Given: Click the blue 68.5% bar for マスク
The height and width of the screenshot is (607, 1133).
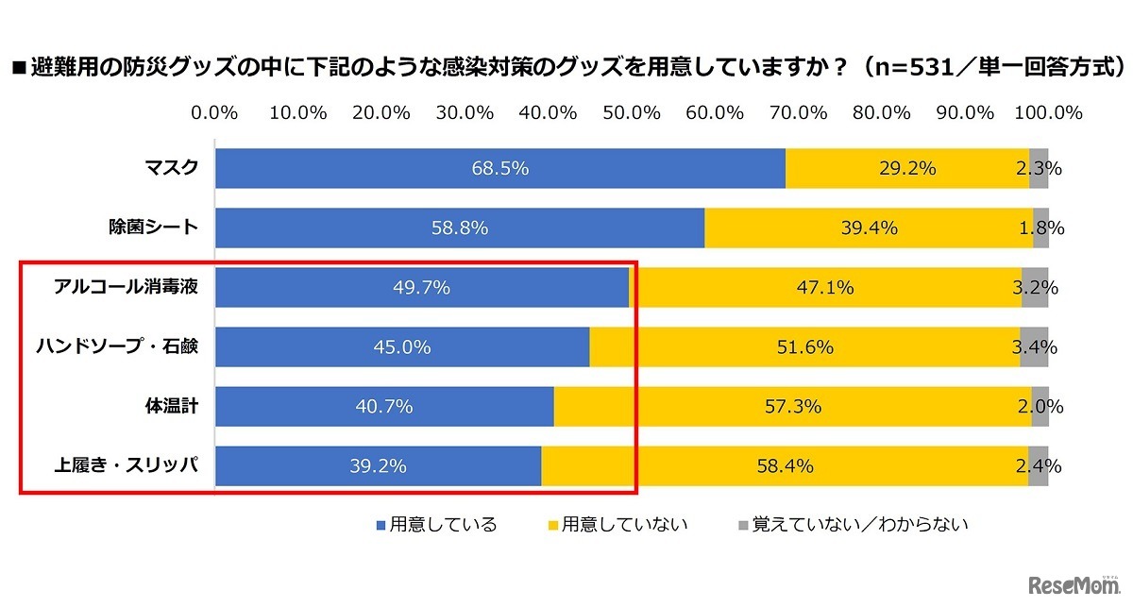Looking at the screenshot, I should coord(499,169).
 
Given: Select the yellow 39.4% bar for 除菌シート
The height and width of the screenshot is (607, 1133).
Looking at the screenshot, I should coord(868,228).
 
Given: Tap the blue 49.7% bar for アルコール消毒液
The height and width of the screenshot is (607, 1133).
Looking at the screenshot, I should coord(422,288).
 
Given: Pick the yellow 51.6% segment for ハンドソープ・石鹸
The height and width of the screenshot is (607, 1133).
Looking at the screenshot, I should coord(804,347).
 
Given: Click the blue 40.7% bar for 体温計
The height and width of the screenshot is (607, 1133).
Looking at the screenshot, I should coord(384,407).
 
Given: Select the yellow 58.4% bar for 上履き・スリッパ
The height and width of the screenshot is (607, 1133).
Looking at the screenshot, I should coord(784,466).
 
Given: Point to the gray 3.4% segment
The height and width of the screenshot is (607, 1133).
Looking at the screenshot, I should coord(1034,347).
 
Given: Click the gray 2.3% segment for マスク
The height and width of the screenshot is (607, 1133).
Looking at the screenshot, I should coord(1039,169).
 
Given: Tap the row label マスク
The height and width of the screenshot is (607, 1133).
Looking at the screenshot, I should coord(171,168).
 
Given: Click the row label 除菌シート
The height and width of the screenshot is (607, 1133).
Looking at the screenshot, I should coord(153,228).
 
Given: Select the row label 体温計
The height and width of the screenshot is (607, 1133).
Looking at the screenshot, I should coord(171,406).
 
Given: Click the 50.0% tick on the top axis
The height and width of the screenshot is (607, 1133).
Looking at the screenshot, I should coord(631,112).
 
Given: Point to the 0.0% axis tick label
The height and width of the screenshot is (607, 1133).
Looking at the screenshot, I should coord(214,112).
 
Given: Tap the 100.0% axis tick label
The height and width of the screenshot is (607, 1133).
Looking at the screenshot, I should coord(1047,112).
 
